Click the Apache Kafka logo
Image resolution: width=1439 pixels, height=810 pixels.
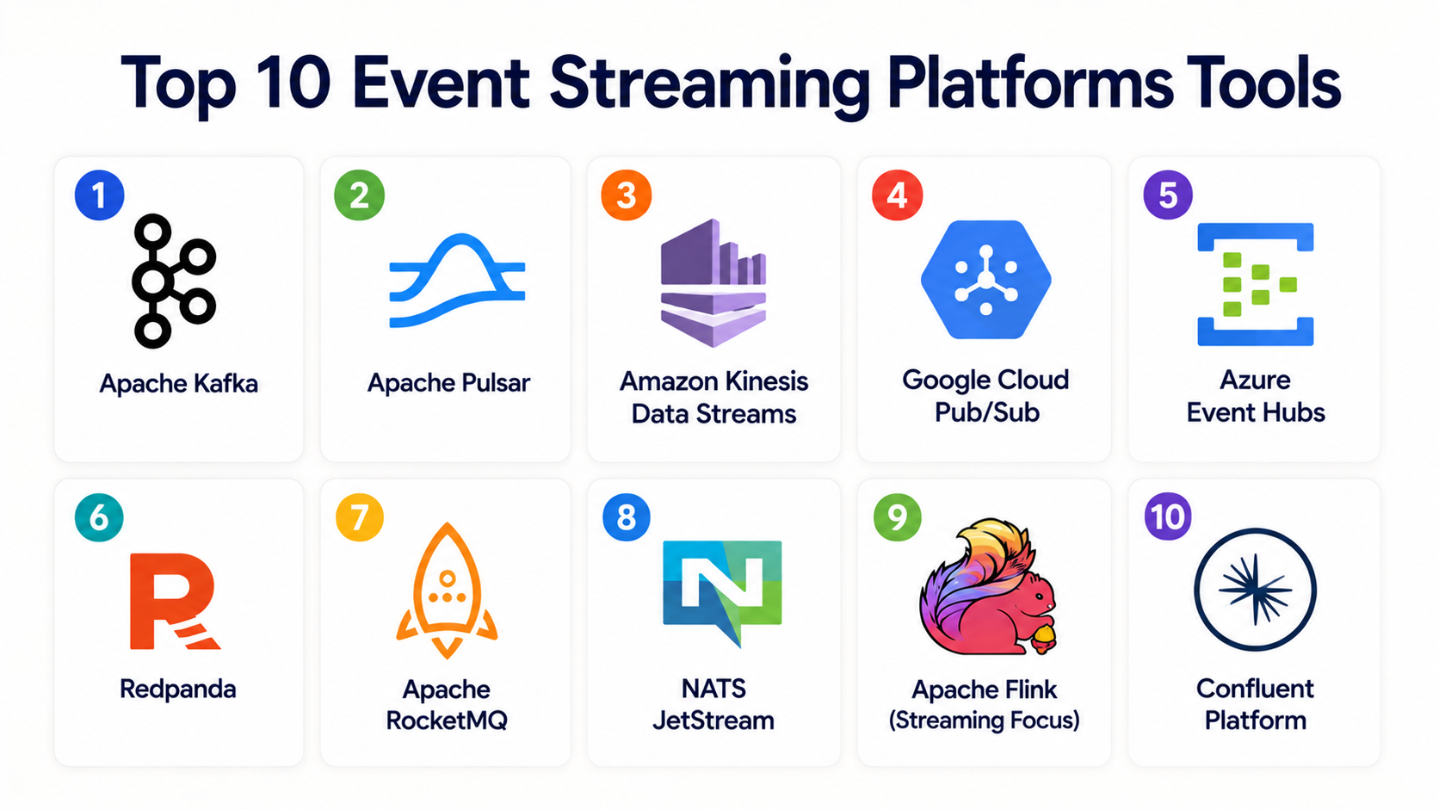pyautogui.click(x=154, y=281)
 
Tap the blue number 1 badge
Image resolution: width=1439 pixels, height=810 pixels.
pyautogui.click(x=99, y=195)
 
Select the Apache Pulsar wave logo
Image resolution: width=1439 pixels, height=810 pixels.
pyautogui.click(x=457, y=281)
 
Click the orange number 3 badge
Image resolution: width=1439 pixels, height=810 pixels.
pyautogui.click(x=627, y=195)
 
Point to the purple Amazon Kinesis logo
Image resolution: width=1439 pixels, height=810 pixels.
pyautogui.click(x=713, y=282)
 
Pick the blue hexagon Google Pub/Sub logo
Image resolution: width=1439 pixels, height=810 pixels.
pyautogui.click(x=986, y=280)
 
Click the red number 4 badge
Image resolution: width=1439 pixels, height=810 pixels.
pyautogui.click(x=898, y=195)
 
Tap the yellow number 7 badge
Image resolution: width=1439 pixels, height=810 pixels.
pyautogui.click(x=360, y=517)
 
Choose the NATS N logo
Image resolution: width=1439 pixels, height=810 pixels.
pyautogui.click(x=722, y=592)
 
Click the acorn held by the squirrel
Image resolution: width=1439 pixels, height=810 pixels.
pyautogui.click(x=1044, y=639)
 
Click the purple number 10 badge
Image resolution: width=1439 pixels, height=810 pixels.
pyautogui.click(x=1168, y=516)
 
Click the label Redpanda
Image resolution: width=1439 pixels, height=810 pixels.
pyautogui.click(x=178, y=689)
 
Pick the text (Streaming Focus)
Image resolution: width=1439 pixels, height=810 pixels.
pyautogui.click(x=985, y=720)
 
